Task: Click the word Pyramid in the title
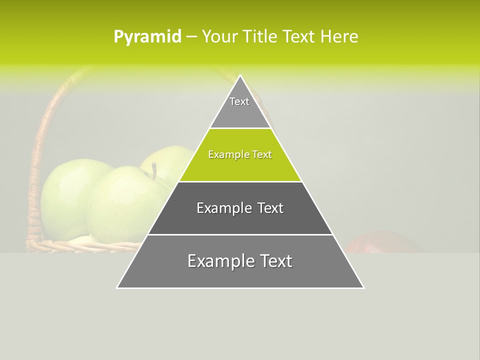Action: click(147, 37)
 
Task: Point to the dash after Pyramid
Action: click(191, 37)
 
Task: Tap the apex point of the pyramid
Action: click(240, 76)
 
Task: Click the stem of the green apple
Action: click(154, 171)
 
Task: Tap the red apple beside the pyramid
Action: click(382, 243)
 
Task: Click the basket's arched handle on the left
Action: click(40, 145)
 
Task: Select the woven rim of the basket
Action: click(75, 245)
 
